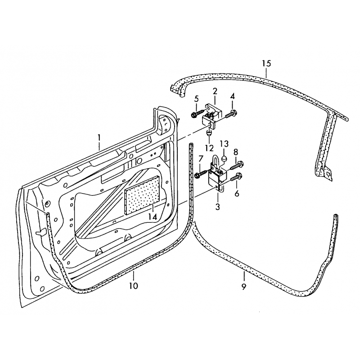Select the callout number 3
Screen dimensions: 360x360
pyautogui.click(x=217, y=207)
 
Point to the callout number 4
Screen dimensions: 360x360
pyautogui.click(x=232, y=97)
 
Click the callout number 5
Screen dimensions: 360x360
pyautogui.click(x=196, y=99)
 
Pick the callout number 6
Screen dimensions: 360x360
pyautogui.click(x=237, y=194)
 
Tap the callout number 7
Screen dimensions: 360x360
pyautogui.click(x=201, y=158)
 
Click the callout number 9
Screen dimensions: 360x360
pyautogui.click(x=243, y=286)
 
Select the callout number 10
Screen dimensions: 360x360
pyautogui.click(x=134, y=286)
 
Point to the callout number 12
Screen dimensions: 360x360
pyautogui.click(x=209, y=148)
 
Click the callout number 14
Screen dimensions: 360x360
pyautogui.click(x=153, y=216)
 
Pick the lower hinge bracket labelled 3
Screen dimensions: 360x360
pyautogui.click(x=216, y=176)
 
